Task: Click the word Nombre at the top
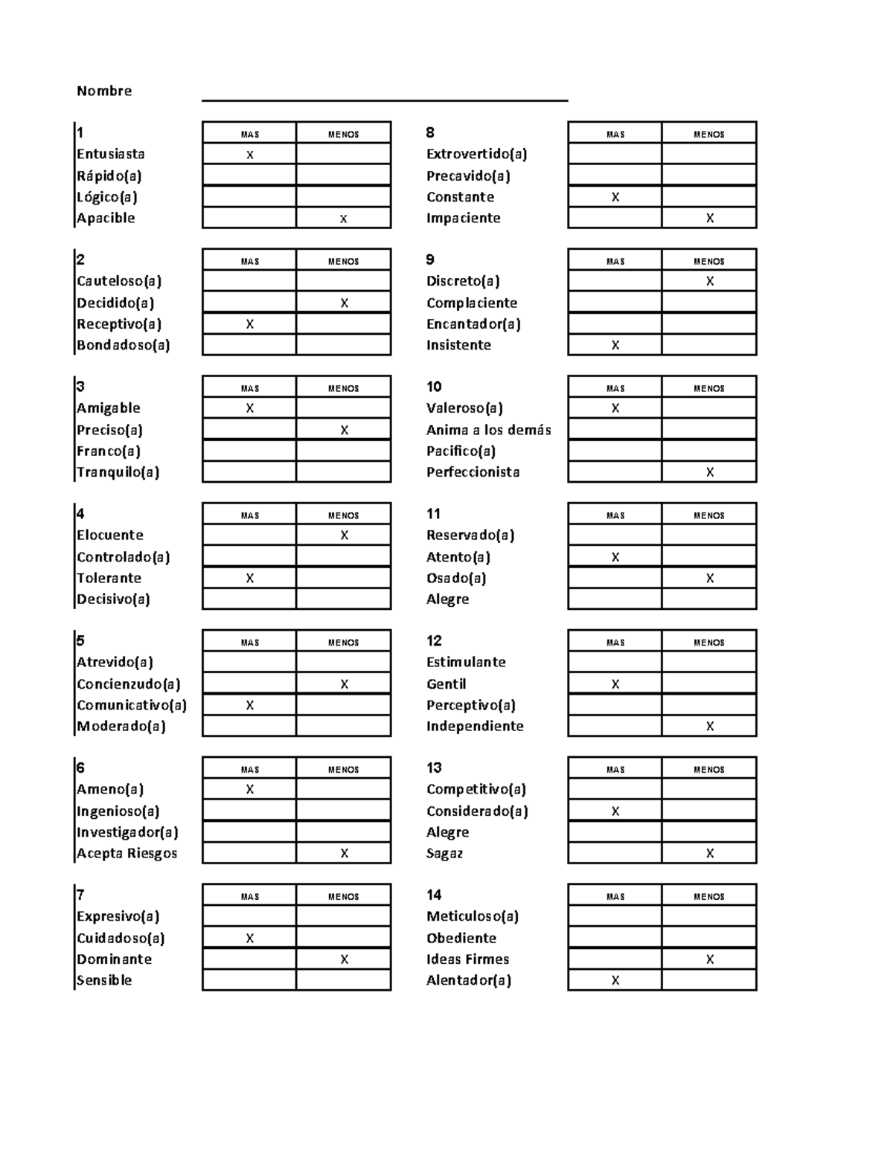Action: pos(104,91)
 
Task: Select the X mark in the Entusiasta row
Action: pos(250,155)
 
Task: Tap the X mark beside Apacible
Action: pos(344,219)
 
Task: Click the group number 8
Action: pos(430,132)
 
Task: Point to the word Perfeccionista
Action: pos(473,472)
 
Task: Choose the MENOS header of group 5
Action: pos(343,643)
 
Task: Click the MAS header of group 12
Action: pos(615,643)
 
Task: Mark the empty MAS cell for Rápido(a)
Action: pos(249,176)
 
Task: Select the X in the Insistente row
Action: pos(615,345)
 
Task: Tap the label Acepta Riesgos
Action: pos(127,853)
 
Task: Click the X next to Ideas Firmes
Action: pos(710,959)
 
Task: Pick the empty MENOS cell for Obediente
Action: pos(708,938)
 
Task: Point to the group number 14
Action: pos(434,895)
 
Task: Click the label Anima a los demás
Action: pos(488,430)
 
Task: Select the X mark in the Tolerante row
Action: pos(250,578)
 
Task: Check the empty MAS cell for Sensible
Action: pos(249,980)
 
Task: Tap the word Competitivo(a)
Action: pos(476,789)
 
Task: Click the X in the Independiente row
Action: pos(710,726)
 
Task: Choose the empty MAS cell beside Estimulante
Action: pos(615,662)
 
